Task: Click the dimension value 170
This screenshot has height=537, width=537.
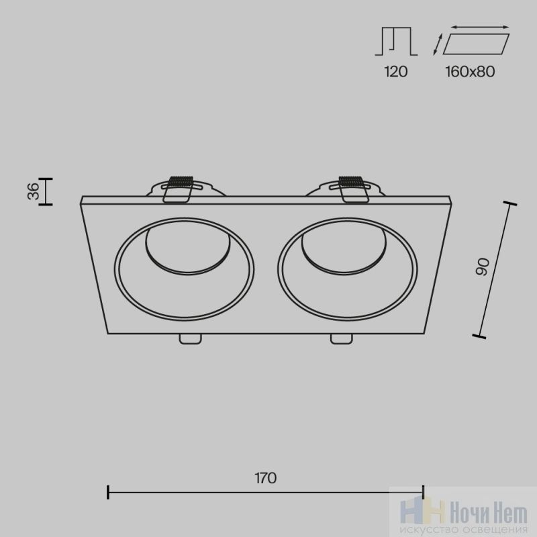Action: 265,478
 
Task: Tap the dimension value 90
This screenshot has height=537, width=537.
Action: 483,267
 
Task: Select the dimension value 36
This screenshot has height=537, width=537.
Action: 34,191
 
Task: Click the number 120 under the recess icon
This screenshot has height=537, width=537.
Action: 396,72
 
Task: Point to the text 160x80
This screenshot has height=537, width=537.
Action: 470,72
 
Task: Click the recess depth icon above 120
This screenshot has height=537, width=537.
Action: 396,42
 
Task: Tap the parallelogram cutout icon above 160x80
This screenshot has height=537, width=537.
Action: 476,44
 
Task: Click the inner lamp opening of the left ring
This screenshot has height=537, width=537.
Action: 188,252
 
